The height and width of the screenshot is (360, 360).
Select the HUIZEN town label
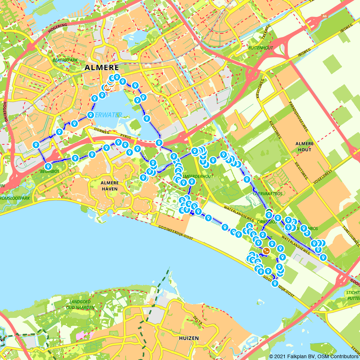tap(189, 338)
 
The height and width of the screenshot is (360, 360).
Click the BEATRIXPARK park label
tap(65, 60)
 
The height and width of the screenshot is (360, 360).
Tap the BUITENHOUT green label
tap(261, 48)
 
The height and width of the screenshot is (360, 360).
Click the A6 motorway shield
tap(325, 16)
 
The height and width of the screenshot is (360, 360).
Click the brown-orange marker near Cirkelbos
tap(266, 251)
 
